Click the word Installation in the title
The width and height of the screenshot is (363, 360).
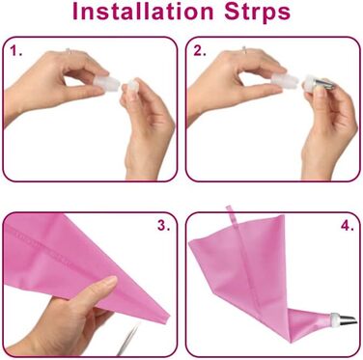(x=143, y=12)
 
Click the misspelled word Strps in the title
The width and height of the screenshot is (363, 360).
(x=258, y=14)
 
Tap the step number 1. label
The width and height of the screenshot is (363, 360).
(x=15, y=50)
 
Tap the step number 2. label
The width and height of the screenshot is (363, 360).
(x=200, y=50)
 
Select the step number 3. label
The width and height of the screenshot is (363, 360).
(x=163, y=225)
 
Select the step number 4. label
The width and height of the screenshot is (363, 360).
(x=348, y=225)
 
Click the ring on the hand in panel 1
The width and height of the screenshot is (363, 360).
(x=69, y=50)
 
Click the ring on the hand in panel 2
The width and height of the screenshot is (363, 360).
(x=244, y=49)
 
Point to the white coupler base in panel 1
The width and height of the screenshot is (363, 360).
(x=106, y=83)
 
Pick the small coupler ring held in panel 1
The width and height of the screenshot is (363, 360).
(x=133, y=87)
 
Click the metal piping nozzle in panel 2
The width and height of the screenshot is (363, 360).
(x=323, y=84)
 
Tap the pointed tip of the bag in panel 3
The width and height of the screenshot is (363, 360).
(x=168, y=318)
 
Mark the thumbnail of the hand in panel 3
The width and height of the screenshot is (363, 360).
(x=109, y=282)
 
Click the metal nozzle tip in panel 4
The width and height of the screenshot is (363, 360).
(x=349, y=319)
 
